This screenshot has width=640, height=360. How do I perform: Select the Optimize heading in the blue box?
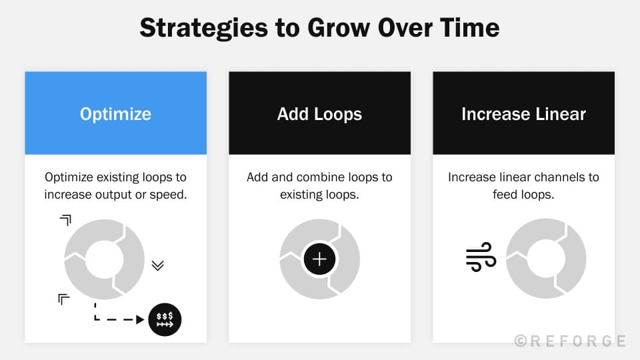[x=115, y=114]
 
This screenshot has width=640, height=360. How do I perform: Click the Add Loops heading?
[x=319, y=114]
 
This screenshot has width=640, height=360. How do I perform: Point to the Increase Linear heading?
[x=523, y=114]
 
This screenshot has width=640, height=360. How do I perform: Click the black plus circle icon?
[x=319, y=259]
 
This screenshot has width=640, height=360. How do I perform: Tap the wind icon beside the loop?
[x=481, y=257]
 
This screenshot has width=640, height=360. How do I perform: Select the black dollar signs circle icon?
[x=165, y=319]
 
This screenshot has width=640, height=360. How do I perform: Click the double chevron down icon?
[x=157, y=265]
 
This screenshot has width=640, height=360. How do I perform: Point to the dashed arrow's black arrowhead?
[x=140, y=319]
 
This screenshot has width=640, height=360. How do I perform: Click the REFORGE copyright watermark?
[x=570, y=341]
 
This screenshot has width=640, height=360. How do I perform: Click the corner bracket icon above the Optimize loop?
[x=65, y=220]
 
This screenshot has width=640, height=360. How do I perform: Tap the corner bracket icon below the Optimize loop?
[x=64, y=299]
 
